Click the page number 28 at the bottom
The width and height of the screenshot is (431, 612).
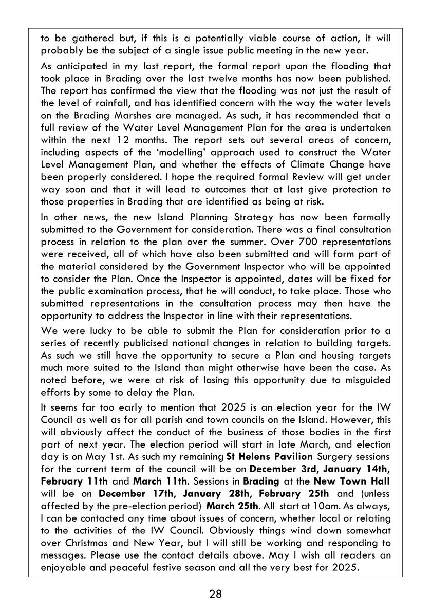click(215, 595)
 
